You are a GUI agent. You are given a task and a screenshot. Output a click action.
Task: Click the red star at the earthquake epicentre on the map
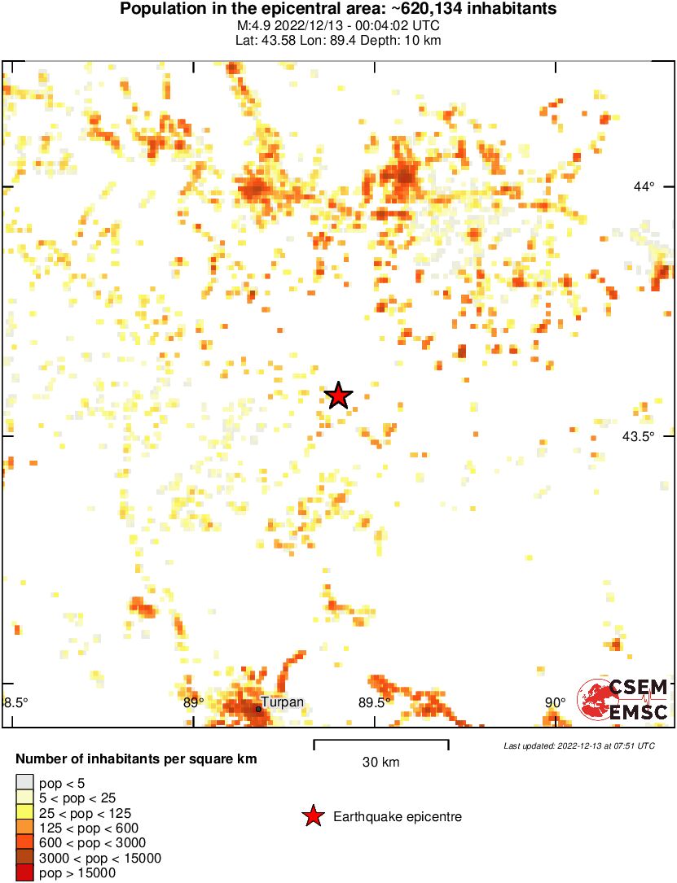pyautogui.click(x=338, y=396)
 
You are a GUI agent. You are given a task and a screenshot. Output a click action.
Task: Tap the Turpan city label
pyautogui.click(x=282, y=702)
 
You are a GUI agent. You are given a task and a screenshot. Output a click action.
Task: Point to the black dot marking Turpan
pyautogui.click(x=258, y=709)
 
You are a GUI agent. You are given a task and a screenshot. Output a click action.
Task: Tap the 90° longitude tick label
pyautogui.click(x=555, y=702)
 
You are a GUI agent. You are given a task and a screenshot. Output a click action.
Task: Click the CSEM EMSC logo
pyautogui.click(x=622, y=699)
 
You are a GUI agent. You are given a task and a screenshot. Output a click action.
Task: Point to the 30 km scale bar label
pyautogui.click(x=380, y=763)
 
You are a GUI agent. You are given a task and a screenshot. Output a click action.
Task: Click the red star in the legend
pyautogui.click(x=313, y=816)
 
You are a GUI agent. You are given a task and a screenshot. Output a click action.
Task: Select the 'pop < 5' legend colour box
pyautogui.click(x=25, y=783)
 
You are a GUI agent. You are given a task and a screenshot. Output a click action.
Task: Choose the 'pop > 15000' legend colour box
pyautogui.click(x=25, y=873)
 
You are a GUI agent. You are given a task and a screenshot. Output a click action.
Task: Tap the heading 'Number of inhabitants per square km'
pyautogui.click(x=136, y=759)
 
